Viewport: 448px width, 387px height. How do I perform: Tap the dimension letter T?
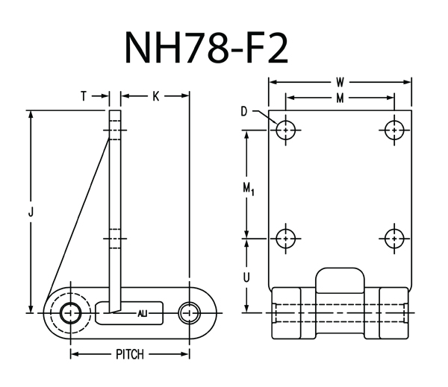click(84, 95)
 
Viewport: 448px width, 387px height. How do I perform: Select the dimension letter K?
click(155, 95)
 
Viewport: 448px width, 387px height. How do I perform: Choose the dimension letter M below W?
click(340, 98)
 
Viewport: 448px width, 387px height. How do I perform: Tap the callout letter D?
click(244, 112)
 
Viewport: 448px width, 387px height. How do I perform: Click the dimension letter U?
click(248, 275)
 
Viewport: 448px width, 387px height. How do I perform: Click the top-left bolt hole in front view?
click(285, 130)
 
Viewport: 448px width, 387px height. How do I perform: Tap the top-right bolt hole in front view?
click(393, 130)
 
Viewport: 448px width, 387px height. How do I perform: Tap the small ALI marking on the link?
click(143, 313)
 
